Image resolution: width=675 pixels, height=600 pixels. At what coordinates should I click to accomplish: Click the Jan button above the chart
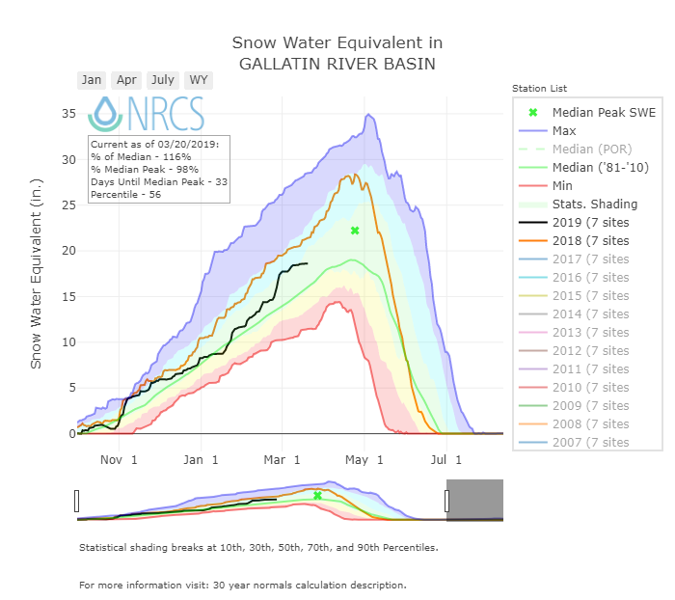92,80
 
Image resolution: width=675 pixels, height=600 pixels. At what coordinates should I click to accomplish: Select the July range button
163,80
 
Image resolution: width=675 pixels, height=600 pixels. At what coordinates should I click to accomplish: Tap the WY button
199,80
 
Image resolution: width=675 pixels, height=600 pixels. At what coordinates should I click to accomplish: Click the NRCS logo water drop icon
104,114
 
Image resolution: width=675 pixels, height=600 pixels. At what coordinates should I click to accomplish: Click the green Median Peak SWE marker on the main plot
355,231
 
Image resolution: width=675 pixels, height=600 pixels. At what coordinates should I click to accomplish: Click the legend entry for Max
564,130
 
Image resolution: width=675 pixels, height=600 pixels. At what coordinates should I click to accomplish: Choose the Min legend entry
563,185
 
